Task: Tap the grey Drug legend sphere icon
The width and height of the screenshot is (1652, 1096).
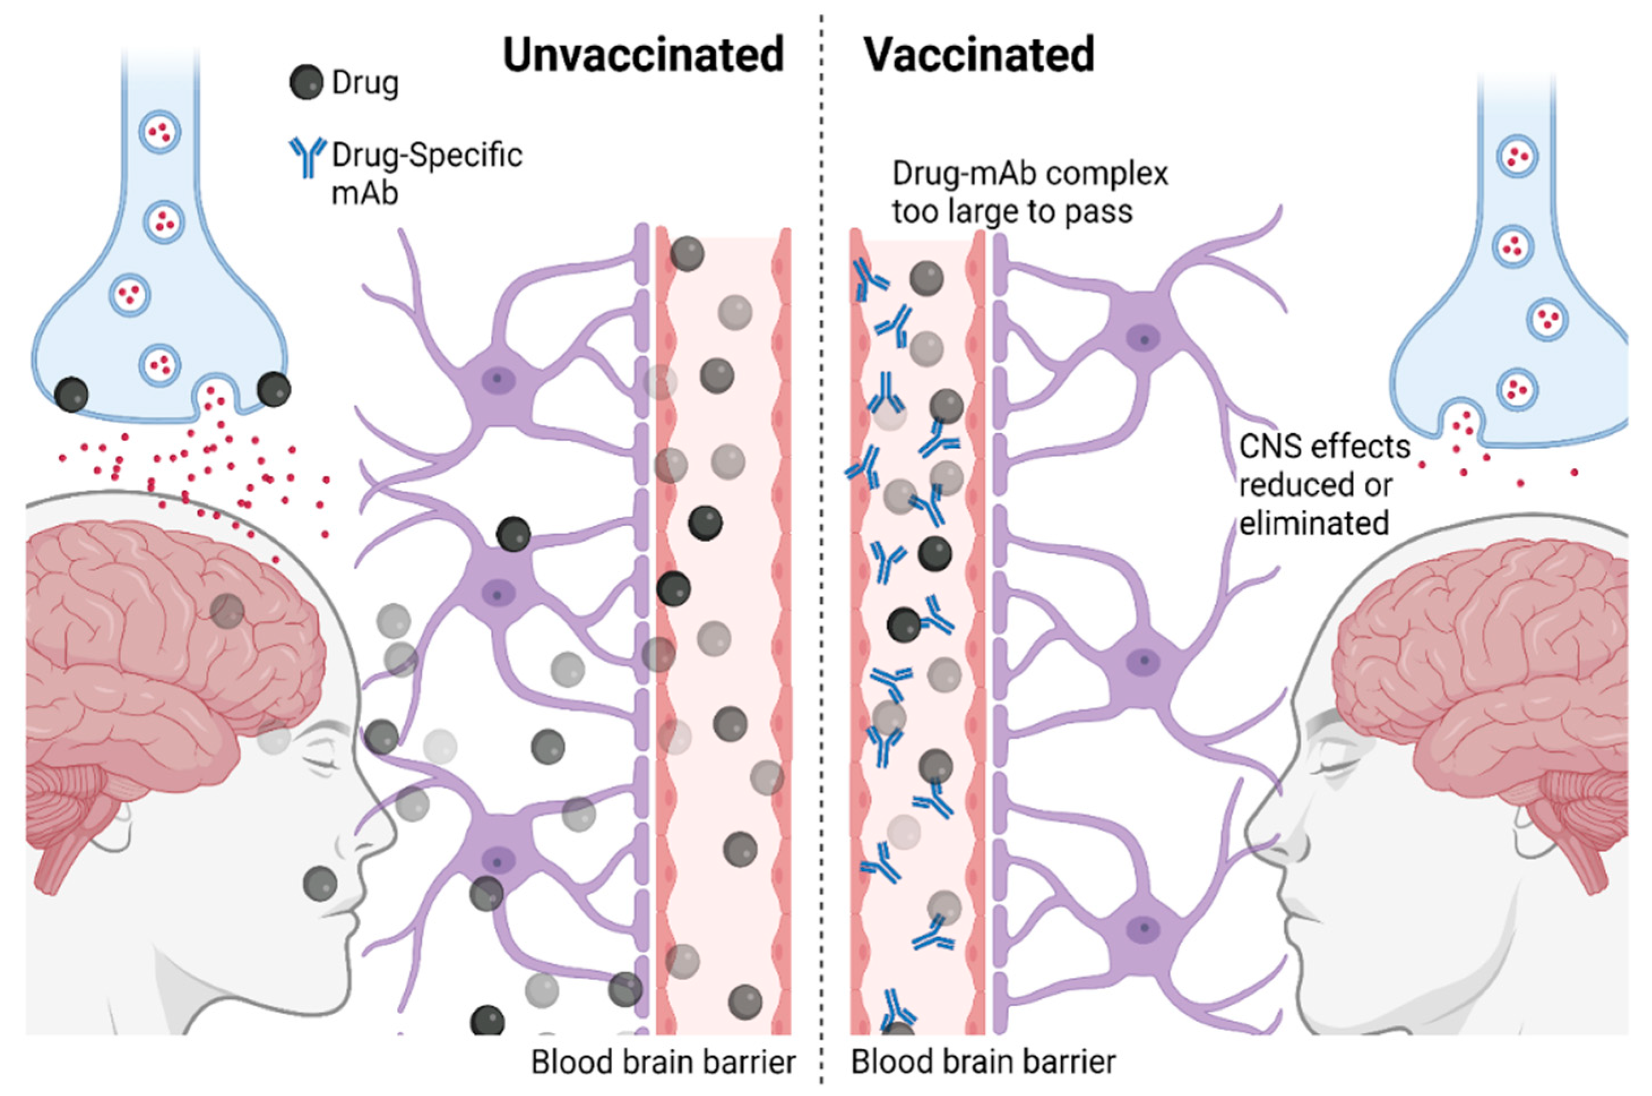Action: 306,83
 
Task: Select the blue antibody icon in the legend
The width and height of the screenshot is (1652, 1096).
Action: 307,157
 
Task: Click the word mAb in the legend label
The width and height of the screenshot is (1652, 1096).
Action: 364,192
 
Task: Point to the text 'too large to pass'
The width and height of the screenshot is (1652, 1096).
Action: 1011,210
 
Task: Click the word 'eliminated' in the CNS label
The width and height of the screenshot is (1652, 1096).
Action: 1313,523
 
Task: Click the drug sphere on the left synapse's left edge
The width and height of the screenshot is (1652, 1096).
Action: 71,394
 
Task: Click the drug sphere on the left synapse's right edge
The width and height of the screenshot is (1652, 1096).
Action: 273,389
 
